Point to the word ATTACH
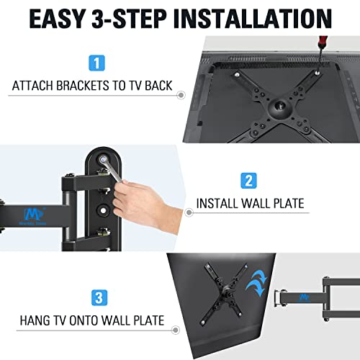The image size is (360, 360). [33, 86]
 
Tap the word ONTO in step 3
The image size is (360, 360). [87, 320]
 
